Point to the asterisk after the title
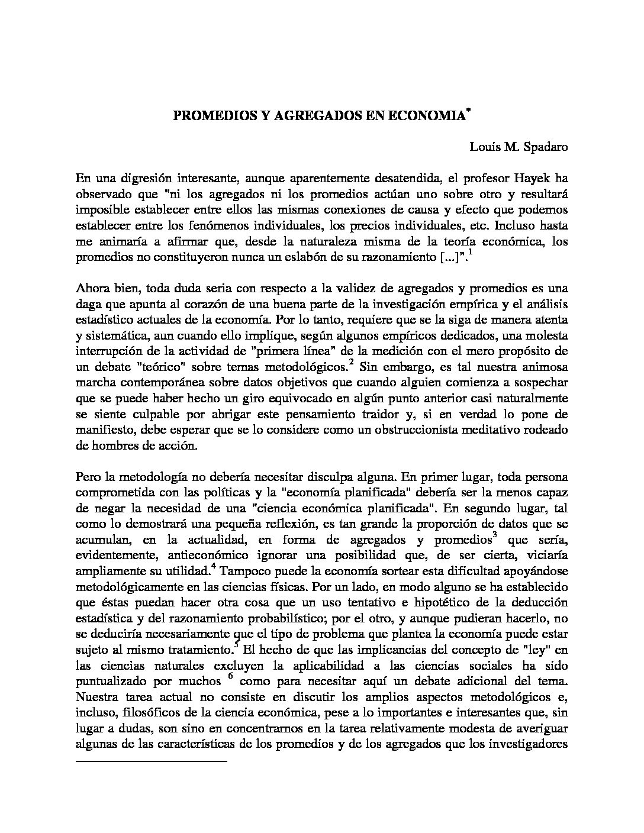point(468,111)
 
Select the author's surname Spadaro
point(545,147)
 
